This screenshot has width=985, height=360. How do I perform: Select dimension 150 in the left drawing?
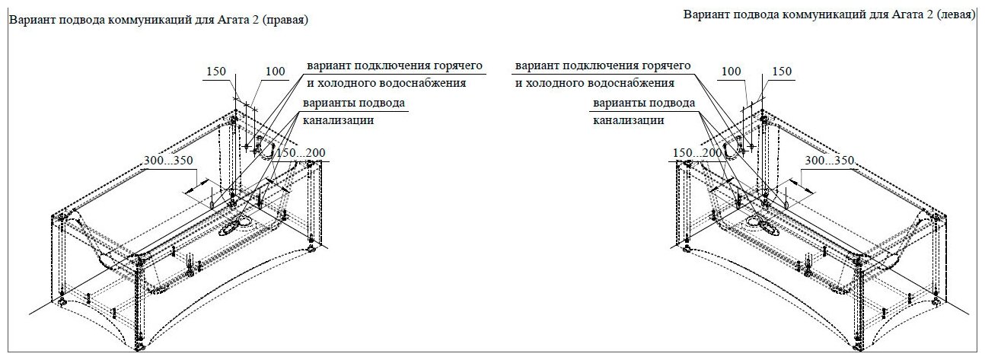216,72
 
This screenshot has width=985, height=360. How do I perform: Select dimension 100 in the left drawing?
275,72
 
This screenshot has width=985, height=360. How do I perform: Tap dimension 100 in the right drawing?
731,72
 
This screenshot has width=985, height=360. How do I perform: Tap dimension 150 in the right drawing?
782,72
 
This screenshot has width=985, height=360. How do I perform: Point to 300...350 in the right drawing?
829,161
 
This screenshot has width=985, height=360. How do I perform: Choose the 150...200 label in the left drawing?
301,154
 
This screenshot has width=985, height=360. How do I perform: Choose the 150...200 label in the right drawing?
698,154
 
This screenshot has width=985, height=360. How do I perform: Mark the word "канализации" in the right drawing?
627,120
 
